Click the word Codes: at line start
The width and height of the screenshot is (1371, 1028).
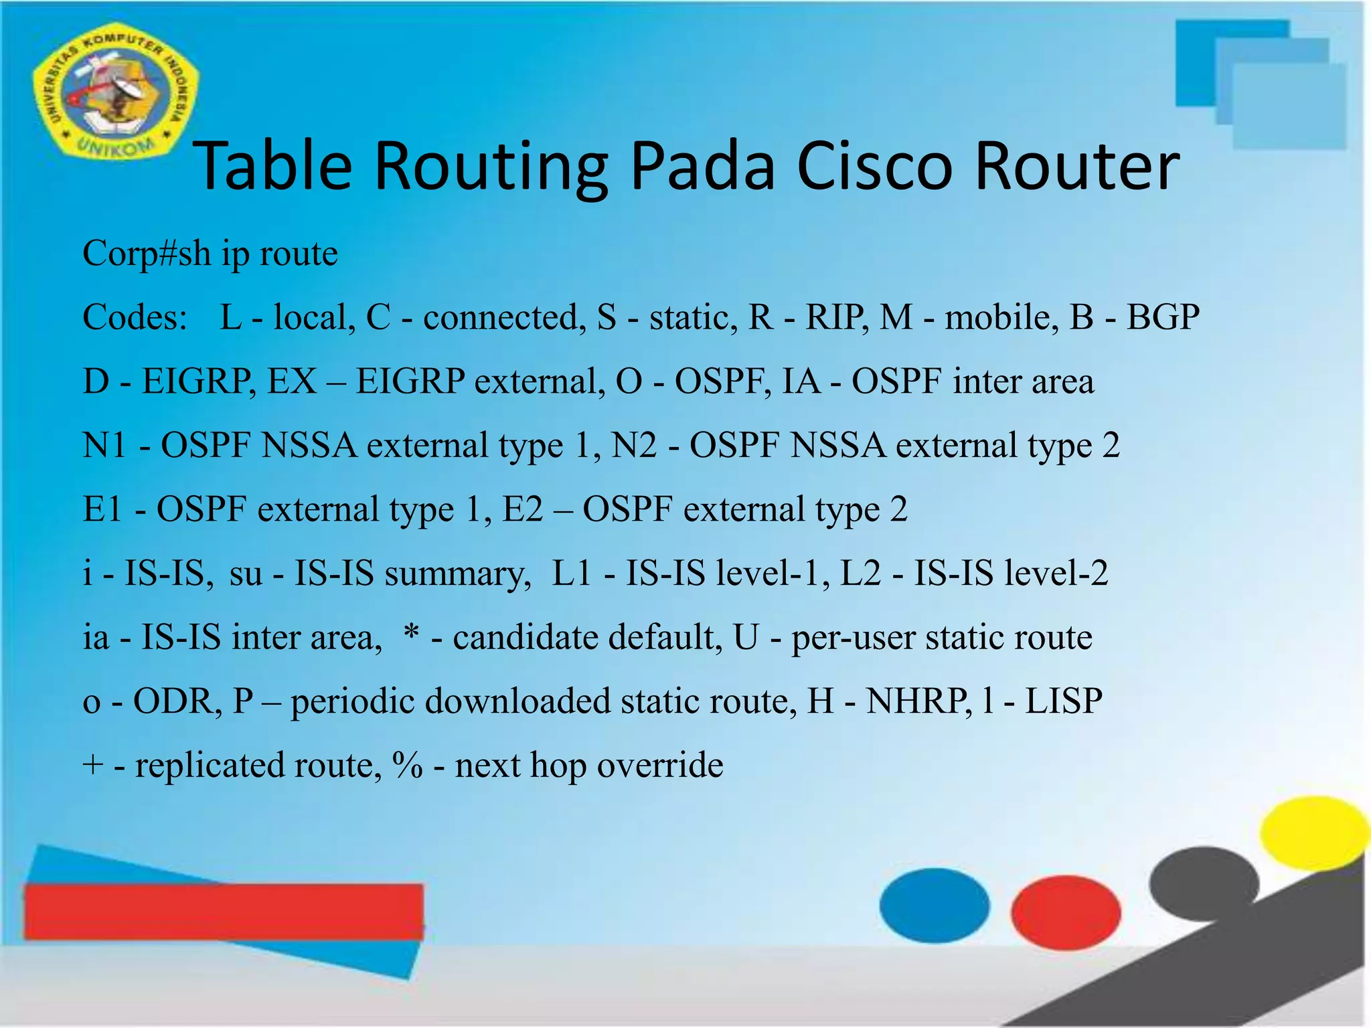[135, 317]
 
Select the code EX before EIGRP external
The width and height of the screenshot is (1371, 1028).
[292, 381]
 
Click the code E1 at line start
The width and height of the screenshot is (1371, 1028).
[102, 509]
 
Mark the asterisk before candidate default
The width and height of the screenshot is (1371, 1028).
[412, 634]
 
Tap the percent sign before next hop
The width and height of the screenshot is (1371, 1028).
[408, 766]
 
